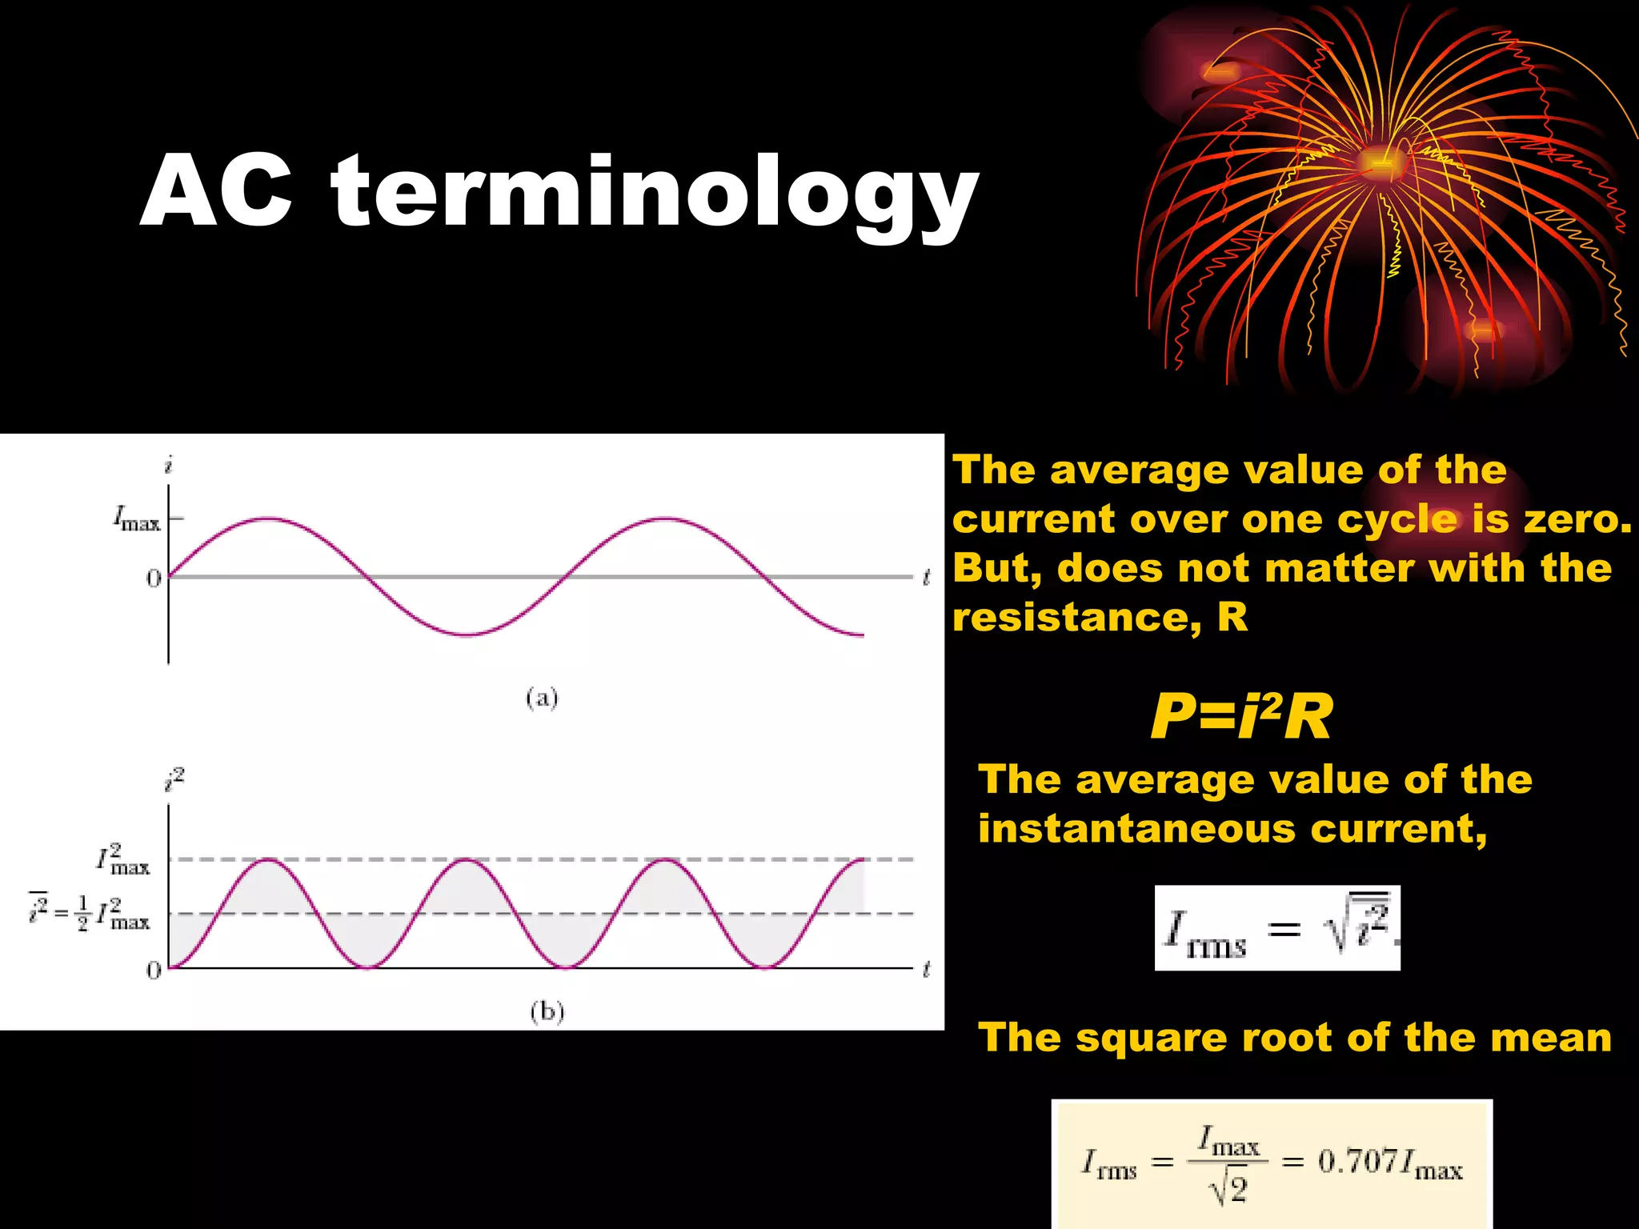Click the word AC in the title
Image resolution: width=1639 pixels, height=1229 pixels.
[217, 192]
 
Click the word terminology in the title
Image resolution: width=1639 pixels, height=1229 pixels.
[655, 196]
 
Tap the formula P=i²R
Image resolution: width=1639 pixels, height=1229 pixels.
[1241, 716]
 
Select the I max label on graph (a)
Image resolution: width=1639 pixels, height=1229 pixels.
[136, 519]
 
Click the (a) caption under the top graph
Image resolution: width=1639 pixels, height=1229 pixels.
[542, 699]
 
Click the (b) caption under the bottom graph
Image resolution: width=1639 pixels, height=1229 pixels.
[547, 1012]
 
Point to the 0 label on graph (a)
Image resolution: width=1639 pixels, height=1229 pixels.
[154, 578]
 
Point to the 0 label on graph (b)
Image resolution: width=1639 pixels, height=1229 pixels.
[154, 971]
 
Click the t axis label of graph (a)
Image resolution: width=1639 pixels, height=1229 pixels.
[927, 577]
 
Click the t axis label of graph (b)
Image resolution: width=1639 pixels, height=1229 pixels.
[927, 970]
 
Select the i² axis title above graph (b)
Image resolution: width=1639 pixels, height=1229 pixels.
[174, 779]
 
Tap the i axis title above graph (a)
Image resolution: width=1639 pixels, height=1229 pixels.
[168, 465]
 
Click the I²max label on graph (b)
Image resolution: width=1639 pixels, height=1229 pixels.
[123, 859]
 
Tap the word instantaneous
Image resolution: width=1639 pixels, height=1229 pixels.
[1136, 828]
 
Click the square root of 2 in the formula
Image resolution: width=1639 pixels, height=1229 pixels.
[1228, 1190]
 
